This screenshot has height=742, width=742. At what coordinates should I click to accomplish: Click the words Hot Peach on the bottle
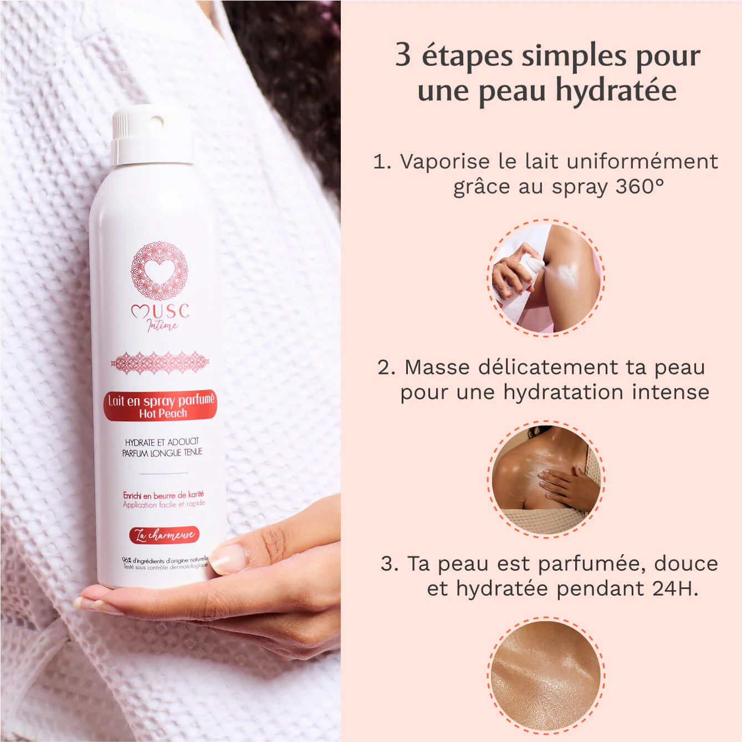point(163,413)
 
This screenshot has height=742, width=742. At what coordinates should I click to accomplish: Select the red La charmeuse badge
point(163,535)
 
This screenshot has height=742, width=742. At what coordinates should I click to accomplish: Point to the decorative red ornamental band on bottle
point(160,363)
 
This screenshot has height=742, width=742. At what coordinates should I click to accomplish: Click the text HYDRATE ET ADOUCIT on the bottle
point(162,442)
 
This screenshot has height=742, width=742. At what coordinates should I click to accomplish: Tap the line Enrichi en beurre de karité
point(163,495)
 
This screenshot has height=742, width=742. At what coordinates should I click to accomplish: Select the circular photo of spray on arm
point(546,277)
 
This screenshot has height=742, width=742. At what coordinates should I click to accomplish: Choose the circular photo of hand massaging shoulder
point(546,479)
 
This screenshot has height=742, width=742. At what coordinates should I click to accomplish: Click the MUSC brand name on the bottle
point(161,311)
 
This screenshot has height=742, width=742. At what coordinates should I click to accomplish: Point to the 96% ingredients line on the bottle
point(165,561)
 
